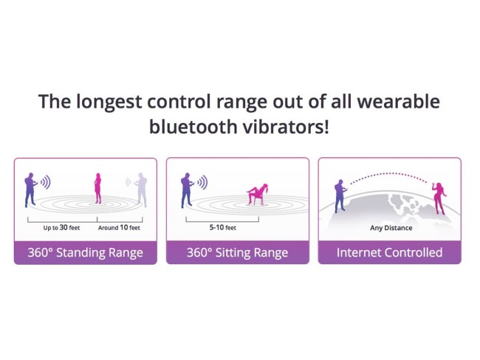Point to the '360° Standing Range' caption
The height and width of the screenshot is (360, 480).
click(85, 252)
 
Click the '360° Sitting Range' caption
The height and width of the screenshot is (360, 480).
click(237, 252)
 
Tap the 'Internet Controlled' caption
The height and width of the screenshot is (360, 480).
click(389, 252)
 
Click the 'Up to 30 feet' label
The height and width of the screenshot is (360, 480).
click(62, 228)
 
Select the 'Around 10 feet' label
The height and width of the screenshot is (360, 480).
click(119, 228)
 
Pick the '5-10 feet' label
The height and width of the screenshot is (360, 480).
click(222, 228)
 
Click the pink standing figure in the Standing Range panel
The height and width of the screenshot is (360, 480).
click(97, 190)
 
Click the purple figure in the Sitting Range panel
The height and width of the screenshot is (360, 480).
click(186, 190)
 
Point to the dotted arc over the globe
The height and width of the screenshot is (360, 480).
click(390, 176)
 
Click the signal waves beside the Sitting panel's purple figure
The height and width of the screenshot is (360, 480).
click(202, 181)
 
